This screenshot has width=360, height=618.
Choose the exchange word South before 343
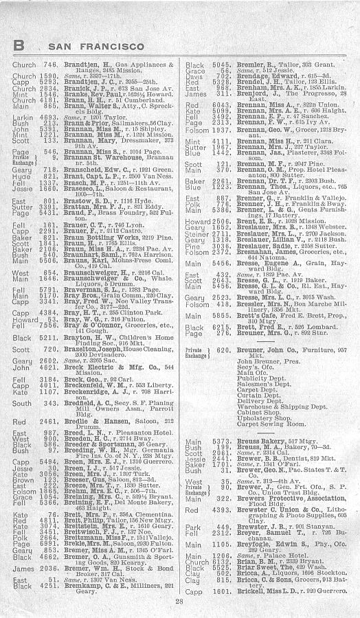20,403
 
